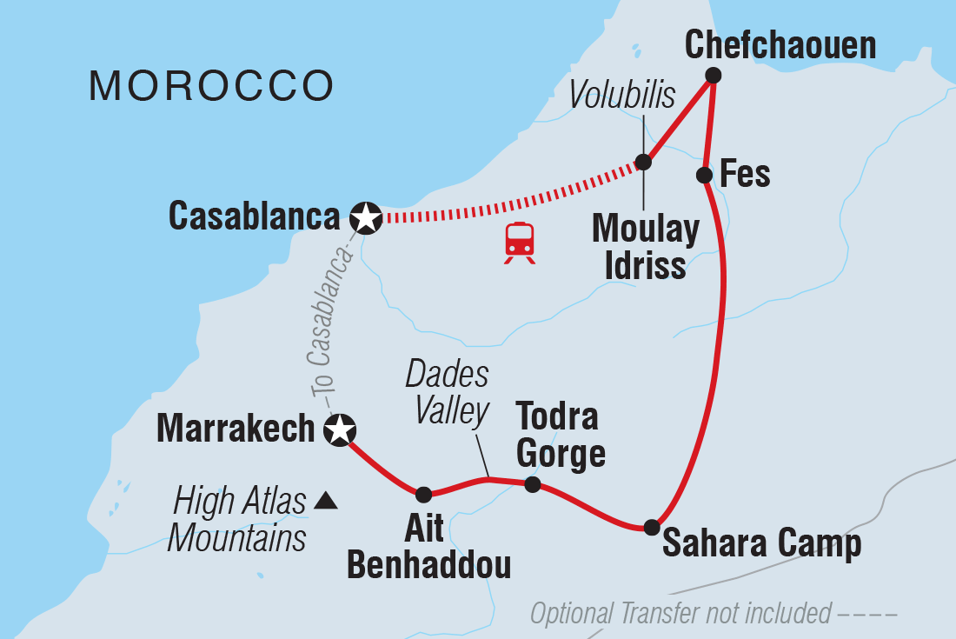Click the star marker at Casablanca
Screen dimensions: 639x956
pyautogui.click(x=366, y=218)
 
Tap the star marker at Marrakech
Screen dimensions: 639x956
pyautogui.click(x=339, y=429)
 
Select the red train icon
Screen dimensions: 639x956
pyautogui.click(x=520, y=242)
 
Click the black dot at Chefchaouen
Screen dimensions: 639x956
pyautogui.click(x=713, y=75)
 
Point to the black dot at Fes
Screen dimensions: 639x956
pyautogui.click(x=705, y=176)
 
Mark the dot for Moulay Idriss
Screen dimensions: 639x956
pyautogui.click(x=643, y=162)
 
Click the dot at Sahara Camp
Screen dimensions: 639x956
pyautogui.click(x=651, y=527)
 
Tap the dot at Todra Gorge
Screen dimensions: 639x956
pyautogui.click(x=533, y=484)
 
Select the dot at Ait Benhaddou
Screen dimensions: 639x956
pyautogui.click(x=423, y=495)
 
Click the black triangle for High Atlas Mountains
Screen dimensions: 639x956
pyautogui.click(x=324, y=500)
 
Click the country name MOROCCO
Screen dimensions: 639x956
pyautogui.click(x=211, y=85)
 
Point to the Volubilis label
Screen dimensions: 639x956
pyautogui.click(x=622, y=97)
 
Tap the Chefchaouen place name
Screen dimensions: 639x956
pyautogui.click(x=780, y=45)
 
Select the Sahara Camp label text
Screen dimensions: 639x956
pyautogui.click(x=761, y=544)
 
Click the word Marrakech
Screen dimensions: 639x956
pyautogui.click(x=235, y=428)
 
